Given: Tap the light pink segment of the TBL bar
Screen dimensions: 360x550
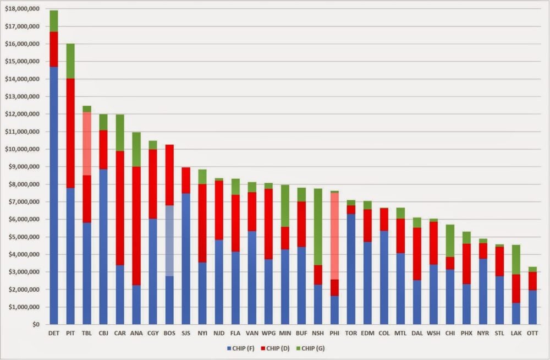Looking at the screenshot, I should pos(87,144).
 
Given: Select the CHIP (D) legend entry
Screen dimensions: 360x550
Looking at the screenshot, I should pos(279,348).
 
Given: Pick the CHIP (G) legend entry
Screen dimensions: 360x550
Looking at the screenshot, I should pos(319,348).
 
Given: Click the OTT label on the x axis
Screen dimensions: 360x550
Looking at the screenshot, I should pos(532,334).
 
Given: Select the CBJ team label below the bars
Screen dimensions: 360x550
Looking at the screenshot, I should pos(103,334).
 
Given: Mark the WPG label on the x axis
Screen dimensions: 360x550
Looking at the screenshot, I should pos(268,334).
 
